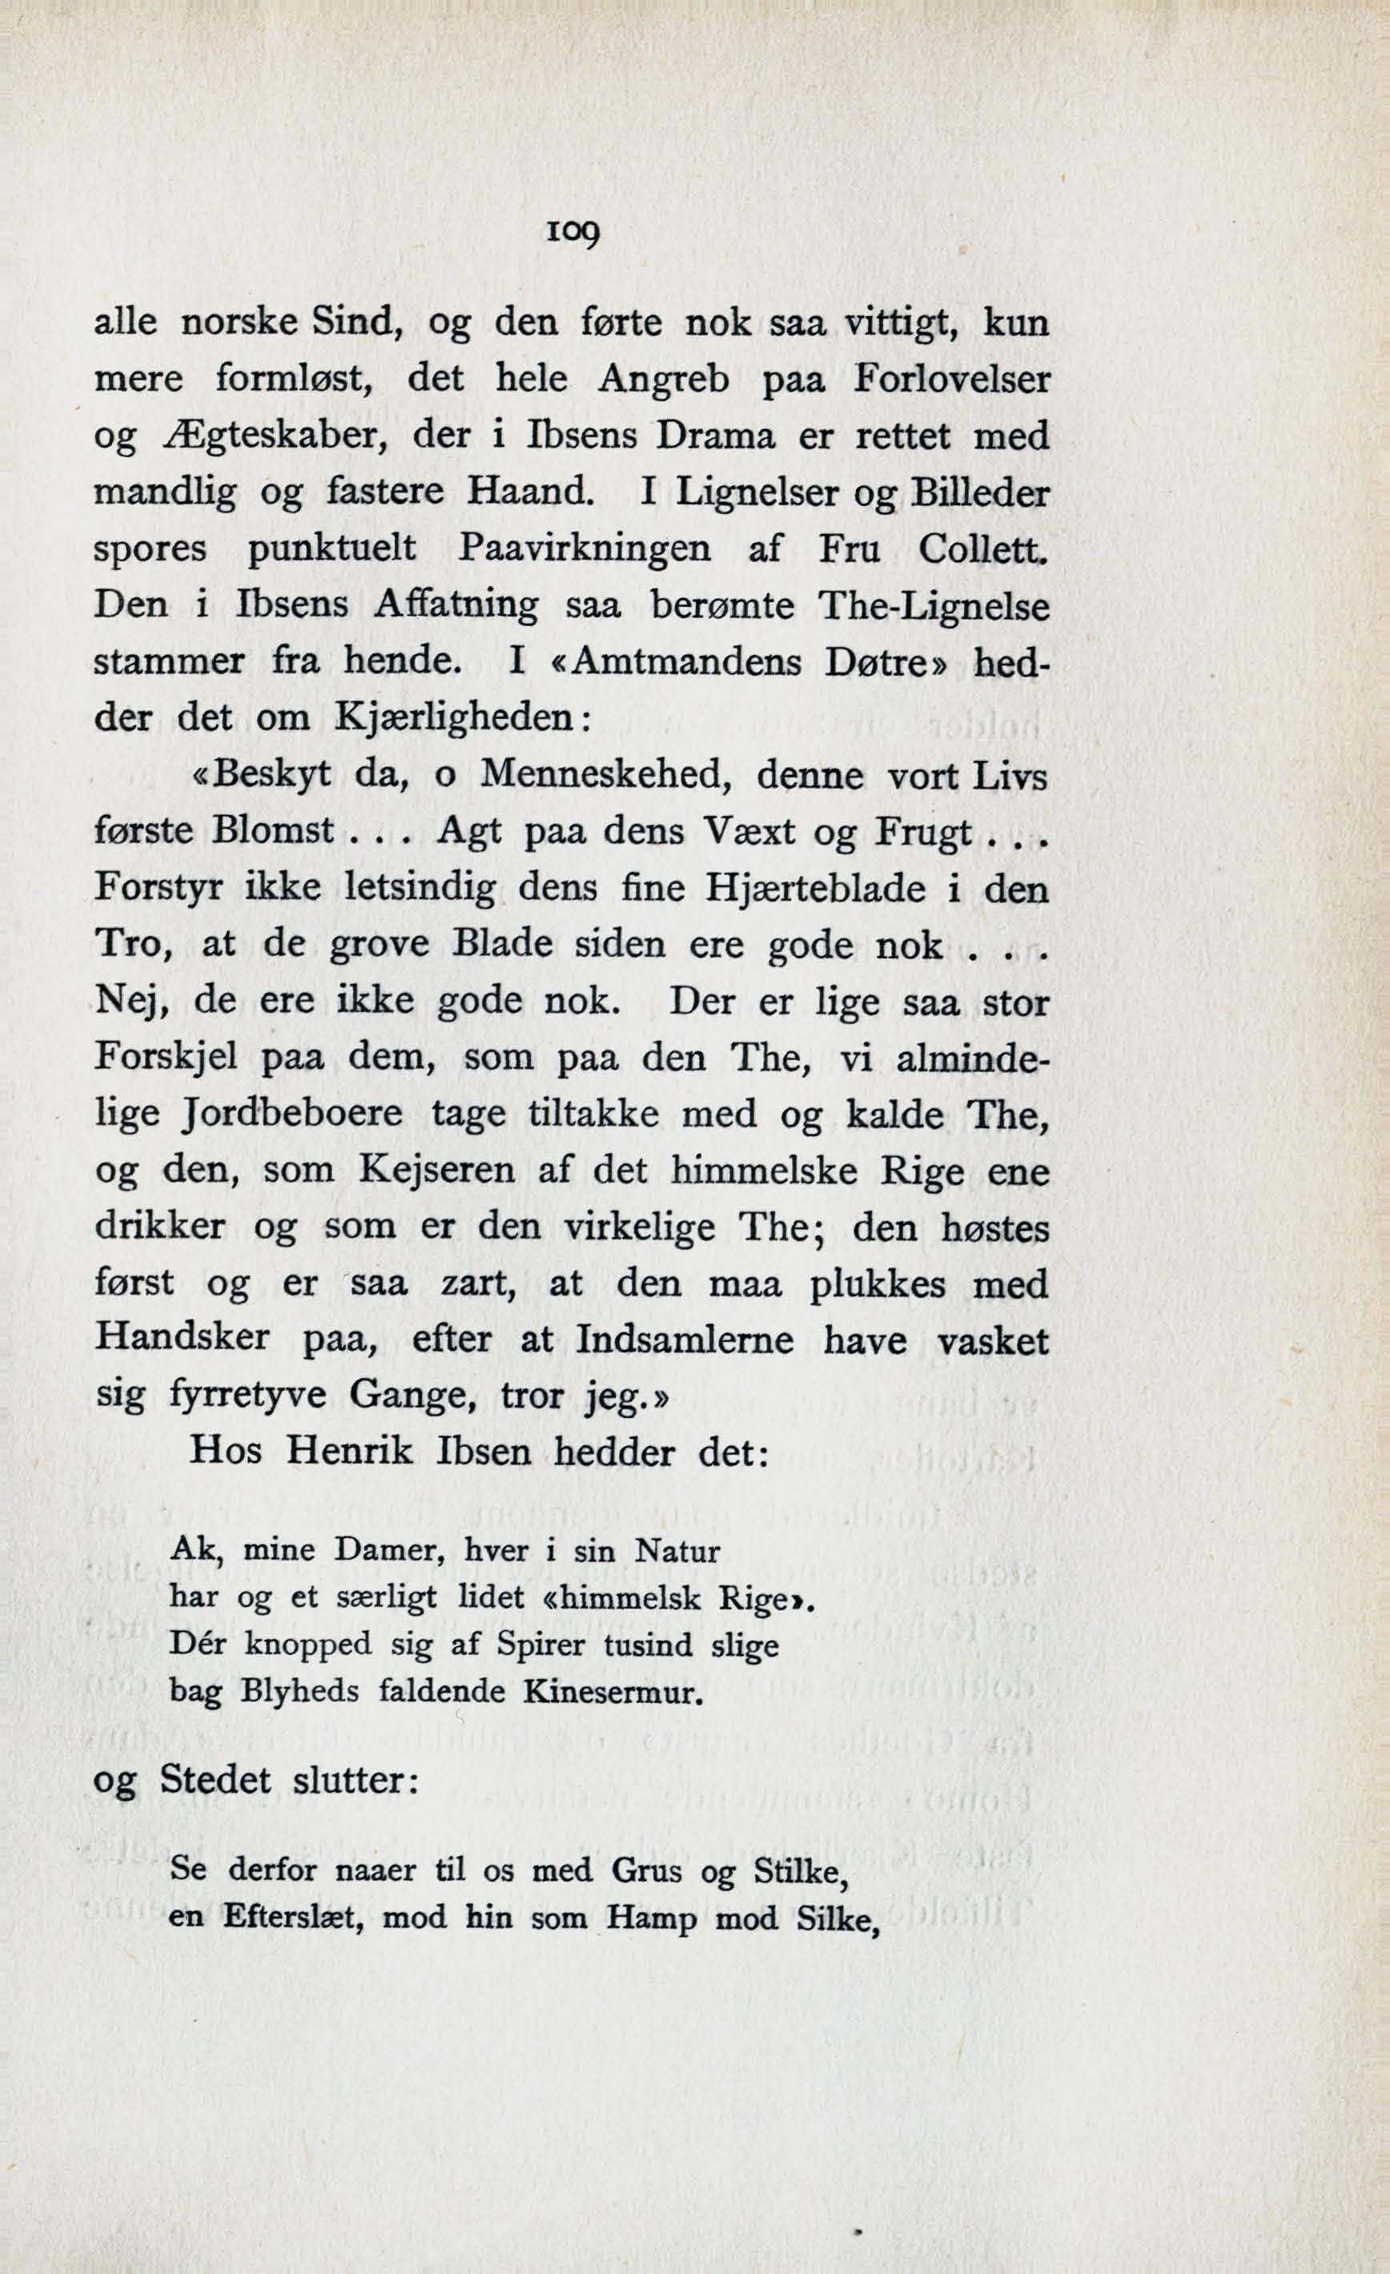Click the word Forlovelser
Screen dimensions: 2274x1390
tap(951, 380)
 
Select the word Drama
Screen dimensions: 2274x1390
tap(714, 436)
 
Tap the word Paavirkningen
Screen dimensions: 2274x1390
tap(585, 548)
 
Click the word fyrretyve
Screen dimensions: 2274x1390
tap(248, 1397)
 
